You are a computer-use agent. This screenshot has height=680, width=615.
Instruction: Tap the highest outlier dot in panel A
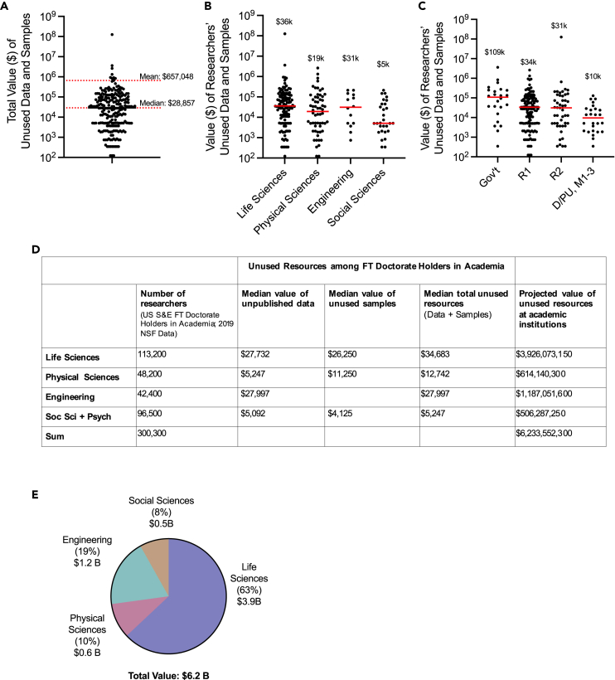tap(112, 35)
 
